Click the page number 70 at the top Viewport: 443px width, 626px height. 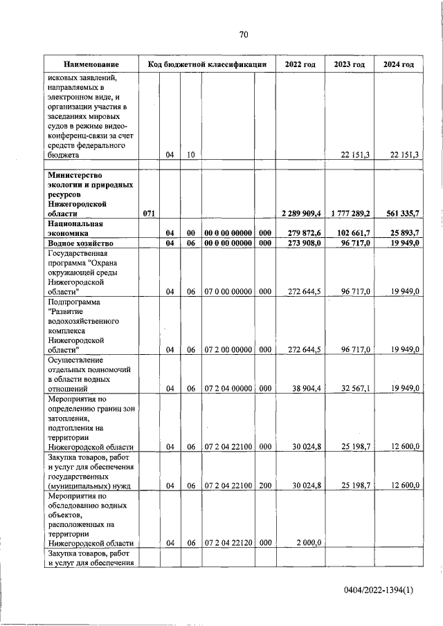244,35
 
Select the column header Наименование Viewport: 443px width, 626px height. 89,64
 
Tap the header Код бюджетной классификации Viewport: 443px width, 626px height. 207,64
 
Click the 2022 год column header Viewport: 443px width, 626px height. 300,64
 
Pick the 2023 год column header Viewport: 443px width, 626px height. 349,64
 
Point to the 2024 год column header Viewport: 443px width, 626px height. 398,64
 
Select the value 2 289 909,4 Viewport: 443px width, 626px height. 301,214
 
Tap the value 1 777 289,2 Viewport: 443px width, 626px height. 350,214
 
